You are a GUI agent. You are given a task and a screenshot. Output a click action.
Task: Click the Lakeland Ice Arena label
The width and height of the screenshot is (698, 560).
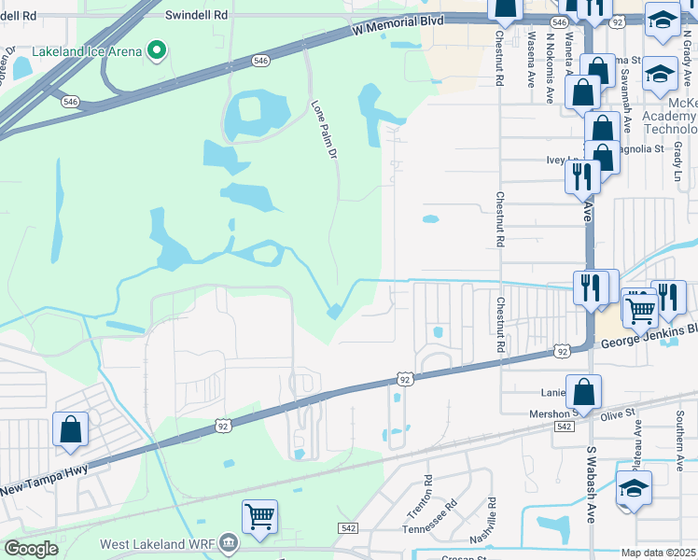coord(86,50)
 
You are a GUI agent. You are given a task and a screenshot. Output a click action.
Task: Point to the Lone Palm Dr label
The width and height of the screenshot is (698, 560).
coord(322,130)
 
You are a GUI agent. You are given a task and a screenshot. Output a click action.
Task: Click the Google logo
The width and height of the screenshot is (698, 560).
coord(31,549)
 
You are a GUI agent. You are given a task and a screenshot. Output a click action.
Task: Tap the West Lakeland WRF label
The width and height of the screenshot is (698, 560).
coord(156,543)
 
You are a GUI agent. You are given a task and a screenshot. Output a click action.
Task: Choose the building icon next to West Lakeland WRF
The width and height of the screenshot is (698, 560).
coord(228,542)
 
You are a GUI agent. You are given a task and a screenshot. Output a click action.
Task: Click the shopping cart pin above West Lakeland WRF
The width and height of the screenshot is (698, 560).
coord(259,515)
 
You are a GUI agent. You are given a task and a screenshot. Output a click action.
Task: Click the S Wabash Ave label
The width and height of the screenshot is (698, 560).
coord(591,483)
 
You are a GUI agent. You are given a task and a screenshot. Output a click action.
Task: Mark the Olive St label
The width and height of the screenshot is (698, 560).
coord(618,413)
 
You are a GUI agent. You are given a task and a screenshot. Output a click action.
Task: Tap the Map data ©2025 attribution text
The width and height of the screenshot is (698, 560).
coord(659,553)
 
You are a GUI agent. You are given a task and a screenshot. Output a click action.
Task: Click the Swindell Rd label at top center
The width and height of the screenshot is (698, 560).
coord(196,16)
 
